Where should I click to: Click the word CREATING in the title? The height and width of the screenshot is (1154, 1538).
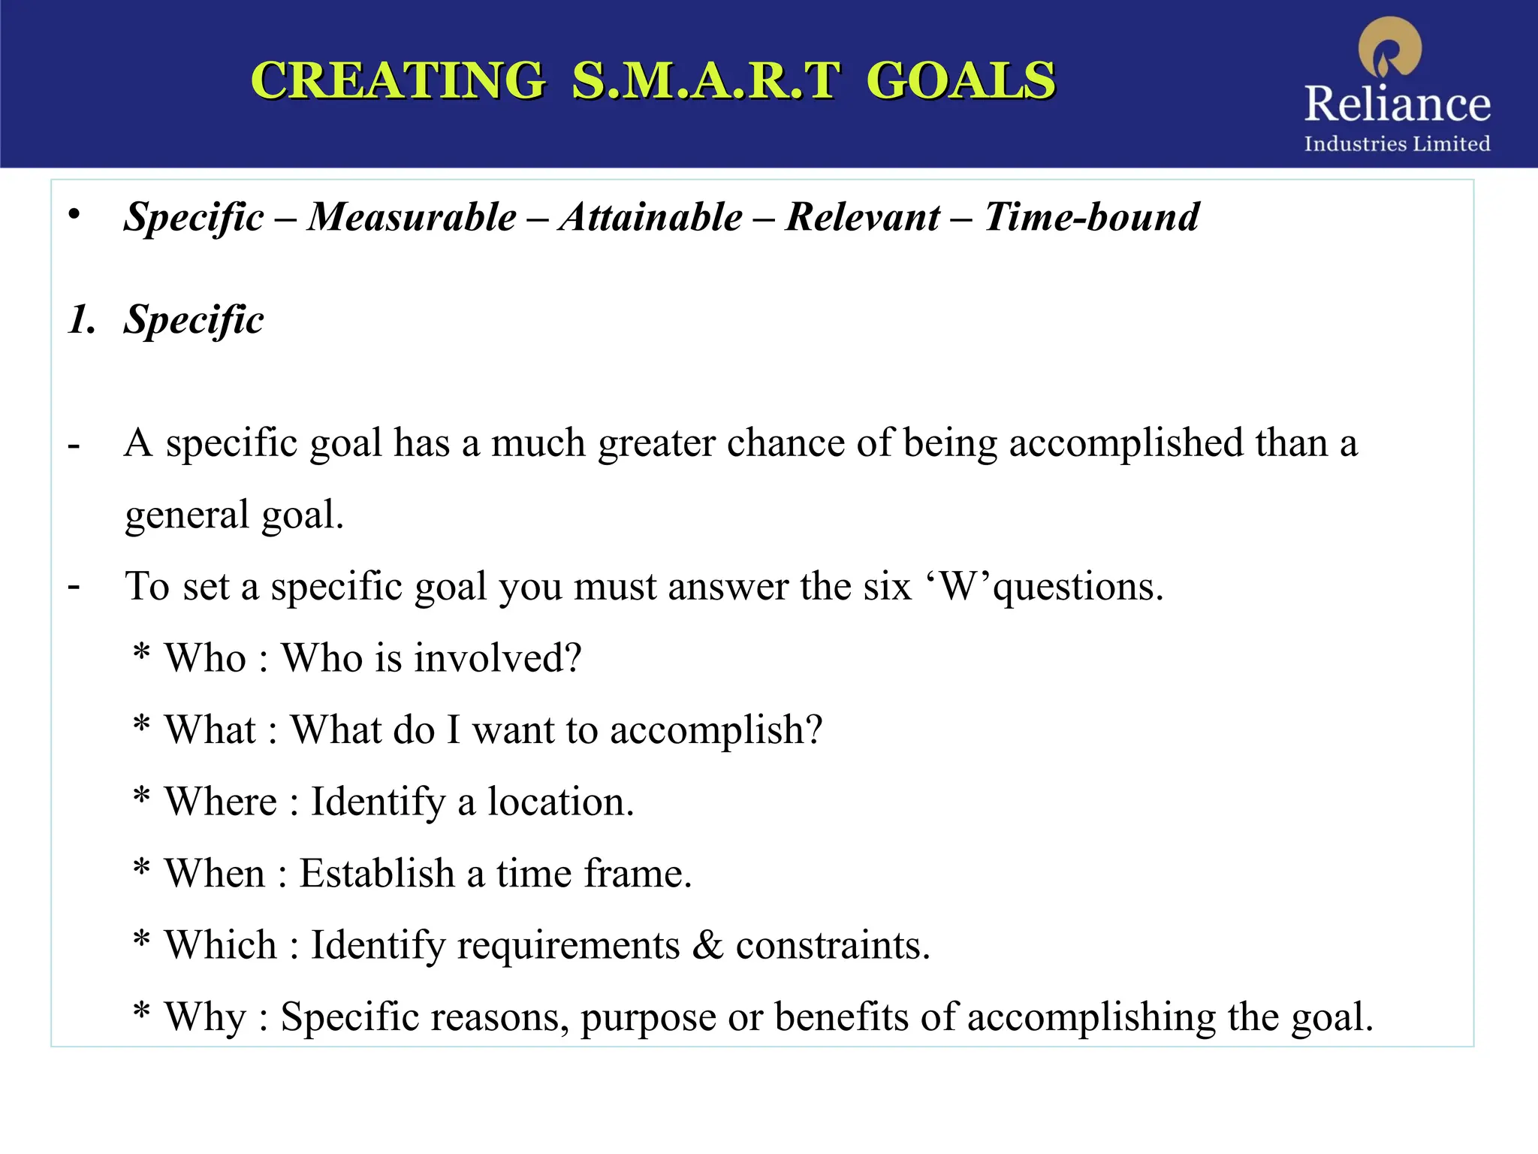[x=398, y=80]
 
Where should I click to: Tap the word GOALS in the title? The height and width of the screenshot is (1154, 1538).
[x=960, y=80]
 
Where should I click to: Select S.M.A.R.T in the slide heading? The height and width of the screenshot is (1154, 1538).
[x=704, y=80]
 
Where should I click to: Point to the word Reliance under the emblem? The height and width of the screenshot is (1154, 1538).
[x=1397, y=104]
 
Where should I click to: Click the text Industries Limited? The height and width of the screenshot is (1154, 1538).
[x=1397, y=143]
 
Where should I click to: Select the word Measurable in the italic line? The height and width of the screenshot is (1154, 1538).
[x=412, y=217]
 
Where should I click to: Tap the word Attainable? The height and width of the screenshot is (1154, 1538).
[x=650, y=217]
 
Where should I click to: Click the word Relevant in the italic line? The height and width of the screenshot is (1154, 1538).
[x=862, y=217]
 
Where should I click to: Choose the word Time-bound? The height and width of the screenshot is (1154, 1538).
[x=1091, y=217]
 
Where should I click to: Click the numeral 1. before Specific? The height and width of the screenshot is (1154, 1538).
[x=82, y=320]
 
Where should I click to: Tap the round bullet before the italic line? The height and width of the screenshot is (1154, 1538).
[x=74, y=215]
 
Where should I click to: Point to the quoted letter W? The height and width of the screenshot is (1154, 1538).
[x=957, y=586]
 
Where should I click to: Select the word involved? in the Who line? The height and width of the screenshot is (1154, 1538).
[x=498, y=658]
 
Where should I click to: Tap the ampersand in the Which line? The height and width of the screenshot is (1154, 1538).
[x=707, y=945]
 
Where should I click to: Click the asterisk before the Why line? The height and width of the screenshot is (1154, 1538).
[x=141, y=1014]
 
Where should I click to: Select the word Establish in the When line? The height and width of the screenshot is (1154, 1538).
[x=377, y=874]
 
